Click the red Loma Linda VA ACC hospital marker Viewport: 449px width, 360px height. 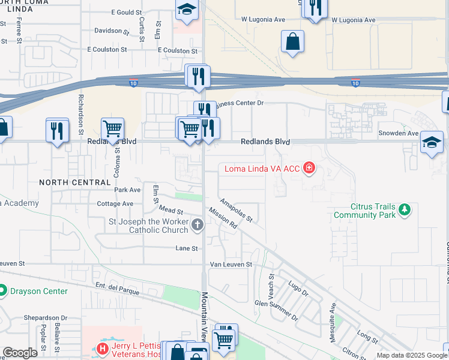tap(309, 169)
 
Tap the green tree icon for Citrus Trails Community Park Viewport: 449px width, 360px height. tap(405, 209)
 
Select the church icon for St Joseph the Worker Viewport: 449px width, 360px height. tap(197, 225)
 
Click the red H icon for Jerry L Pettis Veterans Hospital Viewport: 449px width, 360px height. tap(103, 347)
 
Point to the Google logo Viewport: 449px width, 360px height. tap(20, 353)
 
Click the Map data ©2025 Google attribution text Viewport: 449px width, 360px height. tap(412, 355)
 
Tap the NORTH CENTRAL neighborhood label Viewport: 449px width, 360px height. tap(75, 182)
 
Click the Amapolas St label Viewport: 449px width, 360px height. tap(236, 210)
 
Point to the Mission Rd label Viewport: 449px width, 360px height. tap(224, 220)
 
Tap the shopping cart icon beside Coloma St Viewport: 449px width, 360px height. tap(112, 128)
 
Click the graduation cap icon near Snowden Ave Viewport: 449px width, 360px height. tap(432, 142)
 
